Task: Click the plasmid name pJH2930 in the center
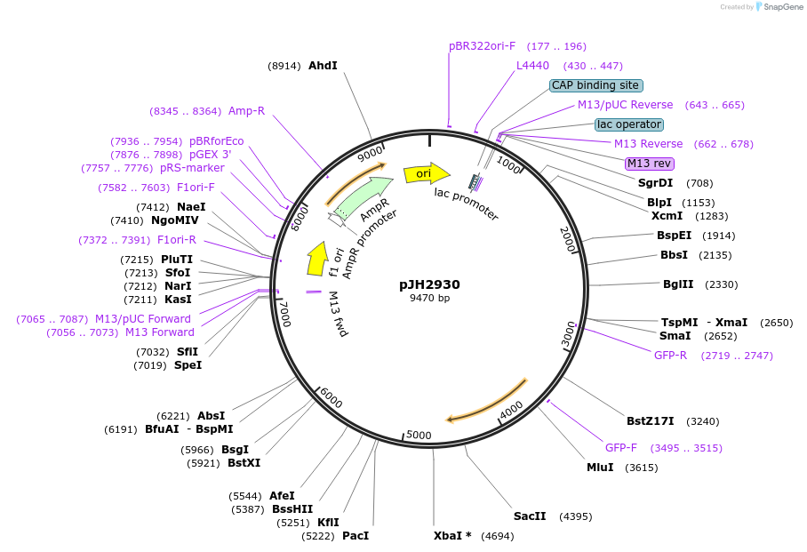tap(429, 284)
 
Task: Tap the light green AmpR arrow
tap(364, 198)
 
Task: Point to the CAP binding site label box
tap(595, 85)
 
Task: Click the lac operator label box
tap(629, 124)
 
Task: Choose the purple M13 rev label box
tap(650, 164)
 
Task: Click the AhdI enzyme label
tap(323, 66)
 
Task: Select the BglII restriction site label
tap(678, 284)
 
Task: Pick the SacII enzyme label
tap(530, 516)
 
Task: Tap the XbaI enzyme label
tap(452, 536)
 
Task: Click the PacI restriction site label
tap(356, 536)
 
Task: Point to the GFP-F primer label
tap(621, 448)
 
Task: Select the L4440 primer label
tap(533, 66)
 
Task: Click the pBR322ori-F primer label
tap(482, 46)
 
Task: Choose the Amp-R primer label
tap(246, 111)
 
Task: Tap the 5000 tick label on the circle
tap(418, 436)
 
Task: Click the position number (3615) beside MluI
tap(643, 468)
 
